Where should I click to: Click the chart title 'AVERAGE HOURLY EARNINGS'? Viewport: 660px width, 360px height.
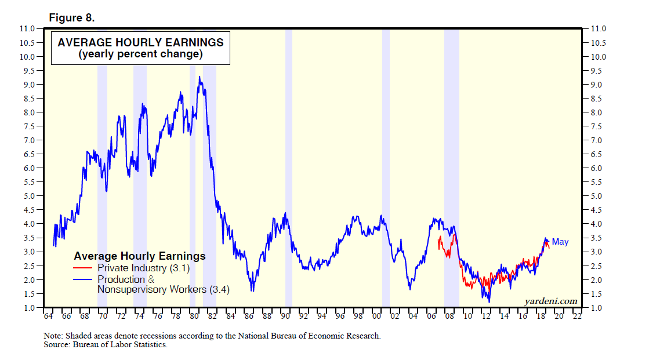140,42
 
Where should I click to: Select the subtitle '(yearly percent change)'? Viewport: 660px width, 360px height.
140,54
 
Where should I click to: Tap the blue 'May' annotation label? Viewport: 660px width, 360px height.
560,242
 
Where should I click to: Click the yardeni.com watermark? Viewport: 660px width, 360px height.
550,301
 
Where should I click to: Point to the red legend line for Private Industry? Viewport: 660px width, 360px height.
83,268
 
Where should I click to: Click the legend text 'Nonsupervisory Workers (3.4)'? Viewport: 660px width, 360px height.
164,289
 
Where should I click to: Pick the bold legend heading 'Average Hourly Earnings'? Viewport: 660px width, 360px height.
140,256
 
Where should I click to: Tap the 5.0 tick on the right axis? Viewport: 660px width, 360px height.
598,196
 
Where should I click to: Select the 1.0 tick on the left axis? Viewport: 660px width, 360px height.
27,307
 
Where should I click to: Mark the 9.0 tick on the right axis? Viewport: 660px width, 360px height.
598,85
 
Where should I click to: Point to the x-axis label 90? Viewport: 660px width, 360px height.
285,317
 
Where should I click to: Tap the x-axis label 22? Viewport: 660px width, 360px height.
576,317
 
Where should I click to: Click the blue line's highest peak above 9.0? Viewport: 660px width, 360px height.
200,77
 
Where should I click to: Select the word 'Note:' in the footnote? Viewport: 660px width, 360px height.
53,336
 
